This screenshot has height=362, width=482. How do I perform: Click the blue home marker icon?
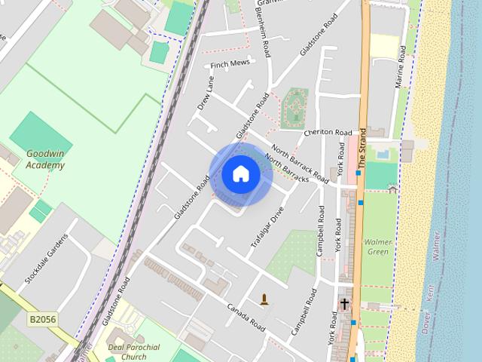[x=241, y=174]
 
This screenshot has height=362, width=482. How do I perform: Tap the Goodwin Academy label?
[x=45, y=158]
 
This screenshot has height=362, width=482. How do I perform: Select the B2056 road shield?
[x=43, y=320]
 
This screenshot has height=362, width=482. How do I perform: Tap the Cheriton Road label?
[x=328, y=132]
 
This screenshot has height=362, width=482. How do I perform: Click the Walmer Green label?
[x=377, y=247]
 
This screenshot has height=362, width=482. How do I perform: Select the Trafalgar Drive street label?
[x=267, y=228]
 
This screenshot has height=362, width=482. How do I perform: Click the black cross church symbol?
[x=344, y=304]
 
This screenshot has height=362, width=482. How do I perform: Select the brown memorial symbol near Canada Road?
[x=264, y=299]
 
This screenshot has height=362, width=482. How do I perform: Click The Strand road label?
[x=362, y=148]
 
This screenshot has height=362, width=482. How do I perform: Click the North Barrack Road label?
[x=300, y=164]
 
